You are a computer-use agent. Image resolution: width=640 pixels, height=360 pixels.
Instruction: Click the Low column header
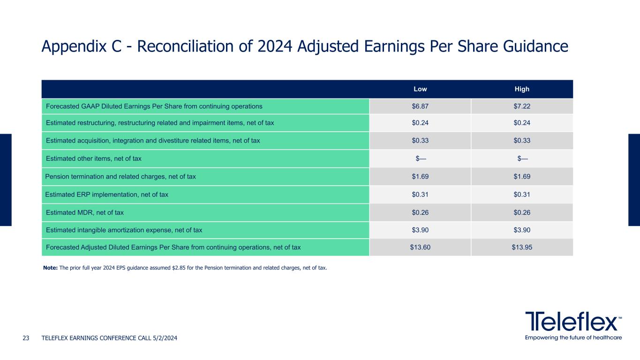420,89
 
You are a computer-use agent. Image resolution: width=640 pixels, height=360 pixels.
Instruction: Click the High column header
522,89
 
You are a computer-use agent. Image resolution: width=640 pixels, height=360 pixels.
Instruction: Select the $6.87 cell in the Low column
420,106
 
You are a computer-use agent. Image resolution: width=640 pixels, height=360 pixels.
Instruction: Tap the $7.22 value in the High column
522,106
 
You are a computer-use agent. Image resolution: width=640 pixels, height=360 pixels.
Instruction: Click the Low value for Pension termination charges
420,177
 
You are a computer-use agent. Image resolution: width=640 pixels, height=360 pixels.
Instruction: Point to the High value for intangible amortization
522,230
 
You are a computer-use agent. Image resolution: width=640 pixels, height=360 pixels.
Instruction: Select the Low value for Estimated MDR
420,212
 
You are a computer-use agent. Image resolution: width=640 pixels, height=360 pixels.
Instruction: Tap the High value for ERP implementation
522,195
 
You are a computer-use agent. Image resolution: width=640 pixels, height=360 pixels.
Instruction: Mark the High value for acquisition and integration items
522,141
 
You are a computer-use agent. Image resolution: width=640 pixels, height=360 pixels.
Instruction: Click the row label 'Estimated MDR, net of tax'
85,212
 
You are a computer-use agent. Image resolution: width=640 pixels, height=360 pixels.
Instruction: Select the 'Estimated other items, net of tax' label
93,159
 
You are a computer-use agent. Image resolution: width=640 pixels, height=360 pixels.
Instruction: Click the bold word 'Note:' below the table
50,268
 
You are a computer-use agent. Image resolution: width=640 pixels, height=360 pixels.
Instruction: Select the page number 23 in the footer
26,338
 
